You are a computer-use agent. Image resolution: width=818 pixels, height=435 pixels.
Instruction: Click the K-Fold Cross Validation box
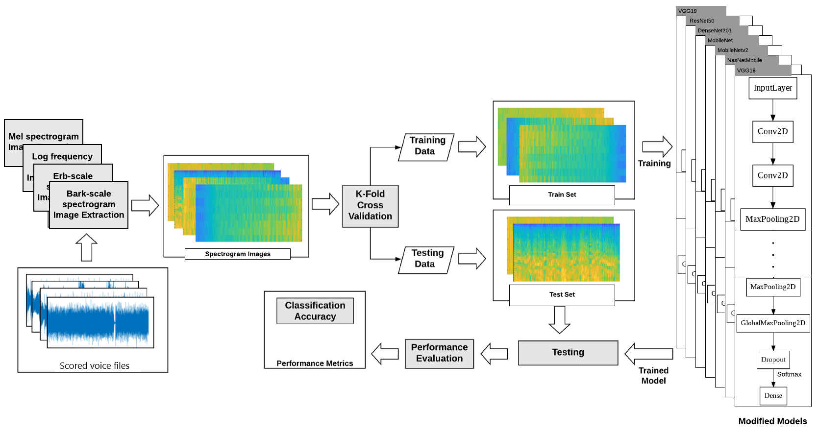(370, 206)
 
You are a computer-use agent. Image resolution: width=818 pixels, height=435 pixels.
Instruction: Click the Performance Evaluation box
(439, 353)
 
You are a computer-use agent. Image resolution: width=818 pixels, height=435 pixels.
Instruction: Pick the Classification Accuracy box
(315, 311)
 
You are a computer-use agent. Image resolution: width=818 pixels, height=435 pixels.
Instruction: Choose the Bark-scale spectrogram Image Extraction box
(89, 205)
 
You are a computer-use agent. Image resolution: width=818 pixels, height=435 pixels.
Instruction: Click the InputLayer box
(772, 88)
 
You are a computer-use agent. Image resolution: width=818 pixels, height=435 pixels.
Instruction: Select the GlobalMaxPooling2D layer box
(773, 323)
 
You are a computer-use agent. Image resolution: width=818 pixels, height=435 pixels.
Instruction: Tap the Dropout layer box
(773, 360)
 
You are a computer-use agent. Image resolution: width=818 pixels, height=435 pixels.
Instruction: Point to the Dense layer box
(773, 396)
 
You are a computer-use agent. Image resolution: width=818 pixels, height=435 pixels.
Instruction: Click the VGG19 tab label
(687, 11)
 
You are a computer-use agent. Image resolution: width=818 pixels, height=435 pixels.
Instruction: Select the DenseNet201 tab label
(714, 30)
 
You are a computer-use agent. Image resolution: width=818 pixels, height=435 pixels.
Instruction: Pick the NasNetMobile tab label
(744, 60)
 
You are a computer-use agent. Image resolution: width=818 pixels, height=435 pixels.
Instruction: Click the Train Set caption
(562, 194)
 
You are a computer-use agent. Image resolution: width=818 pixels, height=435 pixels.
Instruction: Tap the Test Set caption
(562, 294)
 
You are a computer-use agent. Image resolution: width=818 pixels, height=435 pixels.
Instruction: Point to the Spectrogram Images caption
(237, 254)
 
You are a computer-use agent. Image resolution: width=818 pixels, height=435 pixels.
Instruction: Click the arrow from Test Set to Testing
(559, 319)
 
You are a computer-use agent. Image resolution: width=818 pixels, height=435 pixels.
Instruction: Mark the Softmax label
(789, 374)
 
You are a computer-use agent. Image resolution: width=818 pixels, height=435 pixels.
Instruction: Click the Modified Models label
(772, 421)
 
